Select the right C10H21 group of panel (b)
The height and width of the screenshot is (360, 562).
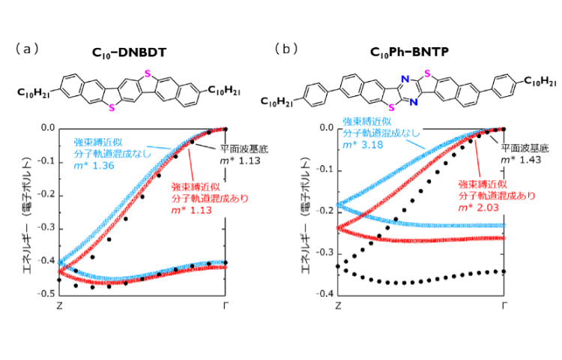click(539, 82)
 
